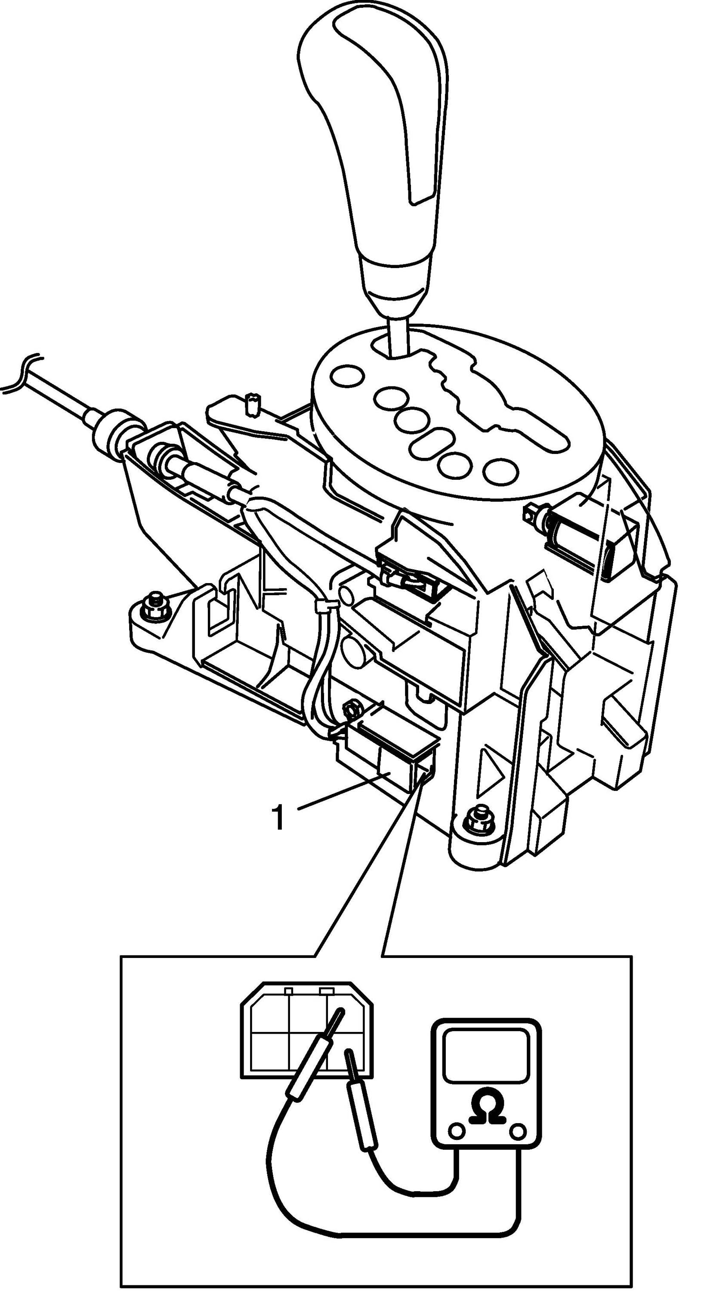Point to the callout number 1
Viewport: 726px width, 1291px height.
[278, 818]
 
